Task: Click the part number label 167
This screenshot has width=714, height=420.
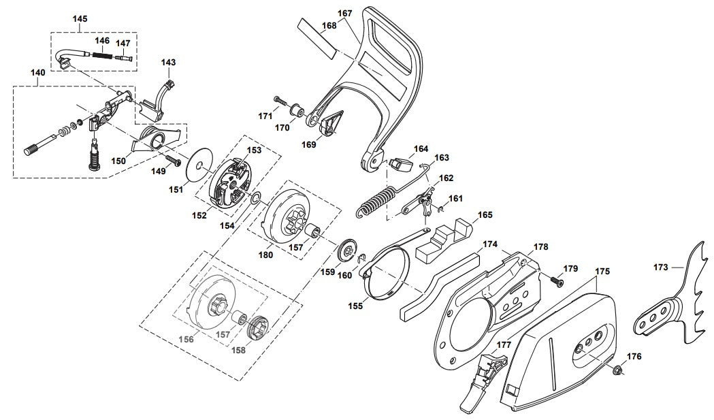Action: click(345, 13)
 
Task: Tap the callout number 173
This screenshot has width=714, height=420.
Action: click(660, 268)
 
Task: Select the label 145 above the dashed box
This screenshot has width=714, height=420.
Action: click(80, 19)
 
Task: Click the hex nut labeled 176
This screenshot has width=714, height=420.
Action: click(618, 370)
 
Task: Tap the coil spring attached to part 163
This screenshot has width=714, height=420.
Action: click(376, 202)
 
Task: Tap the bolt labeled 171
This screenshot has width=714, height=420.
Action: click(278, 102)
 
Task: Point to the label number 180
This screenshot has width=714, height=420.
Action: click(265, 255)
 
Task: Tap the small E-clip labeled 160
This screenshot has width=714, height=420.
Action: click(363, 257)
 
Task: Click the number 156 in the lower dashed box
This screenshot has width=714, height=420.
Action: click(186, 339)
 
